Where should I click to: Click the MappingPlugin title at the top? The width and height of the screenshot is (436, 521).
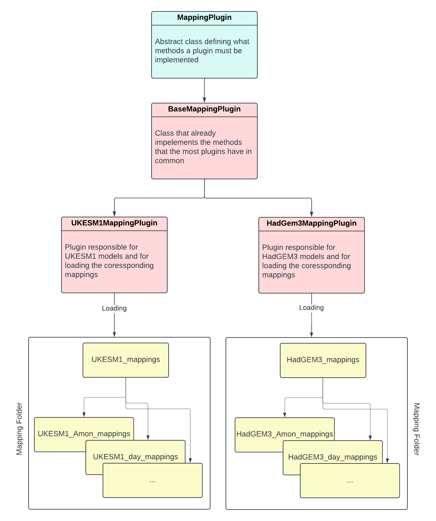pos(204,17)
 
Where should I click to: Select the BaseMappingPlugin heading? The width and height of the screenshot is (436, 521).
pos(204,109)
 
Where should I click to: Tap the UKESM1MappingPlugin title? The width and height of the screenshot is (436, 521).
pos(114,223)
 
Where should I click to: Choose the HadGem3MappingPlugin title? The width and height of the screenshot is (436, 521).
pos(311,223)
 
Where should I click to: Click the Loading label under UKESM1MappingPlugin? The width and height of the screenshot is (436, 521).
pos(114,308)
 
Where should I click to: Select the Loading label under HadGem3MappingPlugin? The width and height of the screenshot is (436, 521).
pos(311,308)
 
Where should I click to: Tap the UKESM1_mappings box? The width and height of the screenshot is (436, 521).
pos(126,360)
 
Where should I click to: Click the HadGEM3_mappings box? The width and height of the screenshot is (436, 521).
pos(323,360)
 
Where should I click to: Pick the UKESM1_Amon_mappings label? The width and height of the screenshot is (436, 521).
pos(84,434)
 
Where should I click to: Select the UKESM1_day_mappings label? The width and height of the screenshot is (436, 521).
pos(135,457)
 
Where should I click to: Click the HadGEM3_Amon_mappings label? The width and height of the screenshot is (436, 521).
pos(284,434)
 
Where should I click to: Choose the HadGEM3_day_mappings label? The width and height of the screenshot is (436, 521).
pos(333,457)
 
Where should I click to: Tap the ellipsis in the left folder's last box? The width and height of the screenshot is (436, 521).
pos(152,481)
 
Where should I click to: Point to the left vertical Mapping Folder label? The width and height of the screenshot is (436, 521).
pos(19,429)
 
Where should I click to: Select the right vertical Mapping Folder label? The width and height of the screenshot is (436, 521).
pos(417,429)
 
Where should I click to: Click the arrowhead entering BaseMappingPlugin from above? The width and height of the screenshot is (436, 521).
pos(204,100)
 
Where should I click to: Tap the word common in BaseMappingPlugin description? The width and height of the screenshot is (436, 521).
pos(169,161)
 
